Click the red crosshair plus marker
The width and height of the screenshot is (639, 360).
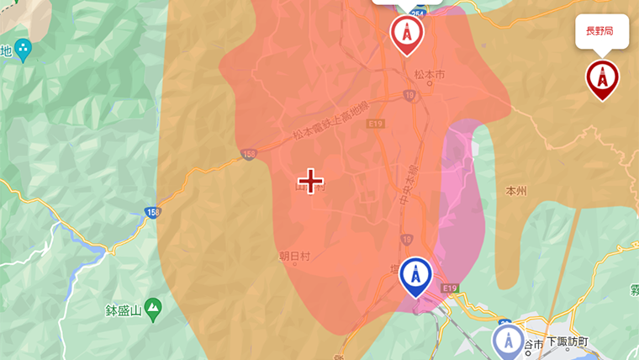(x=311, y=180)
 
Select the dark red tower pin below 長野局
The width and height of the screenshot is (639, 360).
(x=602, y=79)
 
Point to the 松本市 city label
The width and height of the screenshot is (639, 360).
(x=429, y=75)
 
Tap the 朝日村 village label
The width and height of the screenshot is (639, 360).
(x=294, y=257)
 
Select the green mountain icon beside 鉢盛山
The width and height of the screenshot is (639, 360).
(x=153, y=310)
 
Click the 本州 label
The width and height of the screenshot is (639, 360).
(x=515, y=191)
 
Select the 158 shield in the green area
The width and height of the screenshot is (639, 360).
(x=151, y=213)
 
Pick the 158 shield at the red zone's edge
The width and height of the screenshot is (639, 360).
(x=247, y=155)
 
